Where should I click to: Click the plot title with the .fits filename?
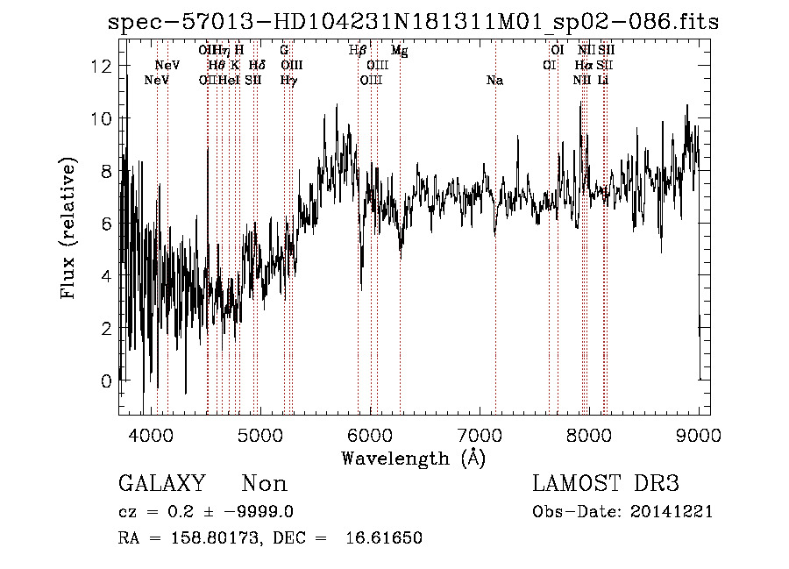pyautogui.click(x=412, y=21)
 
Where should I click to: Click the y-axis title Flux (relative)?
pyautogui.click(x=68, y=227)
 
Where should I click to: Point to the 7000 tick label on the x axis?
pyautogui.click(x=480, y=434)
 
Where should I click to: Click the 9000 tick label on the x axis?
pyautogui.click(x=699, y=434)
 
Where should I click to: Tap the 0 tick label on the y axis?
pyautogui.click(x=106, y=381)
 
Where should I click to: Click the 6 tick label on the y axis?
pyautogui.click(x=106, y=224)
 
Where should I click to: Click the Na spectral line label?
pyautogui.click(x=495, y=81)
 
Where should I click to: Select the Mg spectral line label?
pyautogui.click(x=399, y=51)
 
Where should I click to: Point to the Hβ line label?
pyautogui.click(x=358, y=51)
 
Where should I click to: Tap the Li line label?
pyautogui.click(x=603, y=81)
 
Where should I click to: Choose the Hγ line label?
pyautogui.click(x=288, y=81)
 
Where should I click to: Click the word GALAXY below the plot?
pyautogui.click(x=161, y=484)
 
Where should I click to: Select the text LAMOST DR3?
pyautogui.click(x=606, y=484)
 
